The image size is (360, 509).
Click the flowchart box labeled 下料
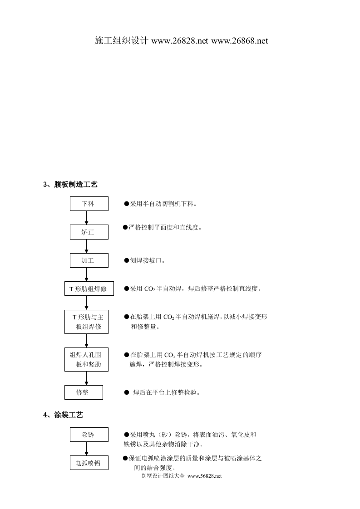(x=89, y=204)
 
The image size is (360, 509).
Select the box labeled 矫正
(x=89, y=232)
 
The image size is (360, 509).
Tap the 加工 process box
(x=89, y=260)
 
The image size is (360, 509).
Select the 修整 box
(x=83, y=392)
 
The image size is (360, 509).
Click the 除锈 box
(x=89, y=435)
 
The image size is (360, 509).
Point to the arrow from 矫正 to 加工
(x=87, y=246)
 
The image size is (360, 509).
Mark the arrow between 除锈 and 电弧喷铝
(x=87, y=449)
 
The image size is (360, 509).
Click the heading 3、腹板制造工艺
(x=70, y=185)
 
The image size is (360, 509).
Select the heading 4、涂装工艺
(x=63, y=415)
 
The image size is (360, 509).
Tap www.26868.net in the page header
(x=240, y=40)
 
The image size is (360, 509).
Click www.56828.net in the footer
(x=204, y=476)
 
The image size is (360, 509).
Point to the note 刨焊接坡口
(x=148, y=261)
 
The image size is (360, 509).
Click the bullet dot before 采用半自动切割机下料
(x=127, y=205)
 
